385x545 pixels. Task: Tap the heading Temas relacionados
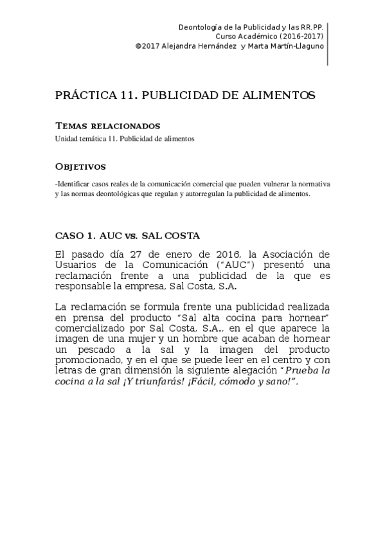pos(107,125)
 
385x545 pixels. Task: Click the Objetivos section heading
pos(80,167)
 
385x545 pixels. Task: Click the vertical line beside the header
pos(328,43)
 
